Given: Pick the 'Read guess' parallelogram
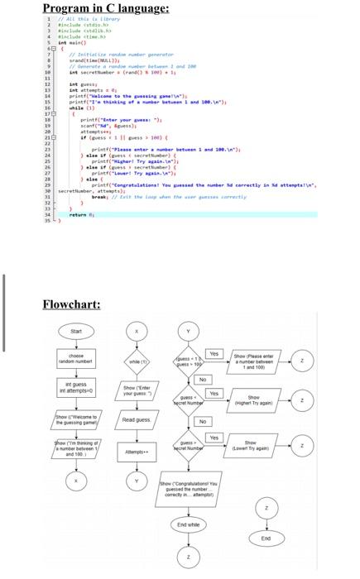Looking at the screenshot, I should (134, 420).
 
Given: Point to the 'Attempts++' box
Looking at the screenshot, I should (134, 452).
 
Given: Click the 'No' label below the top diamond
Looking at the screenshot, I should (201, 379).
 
